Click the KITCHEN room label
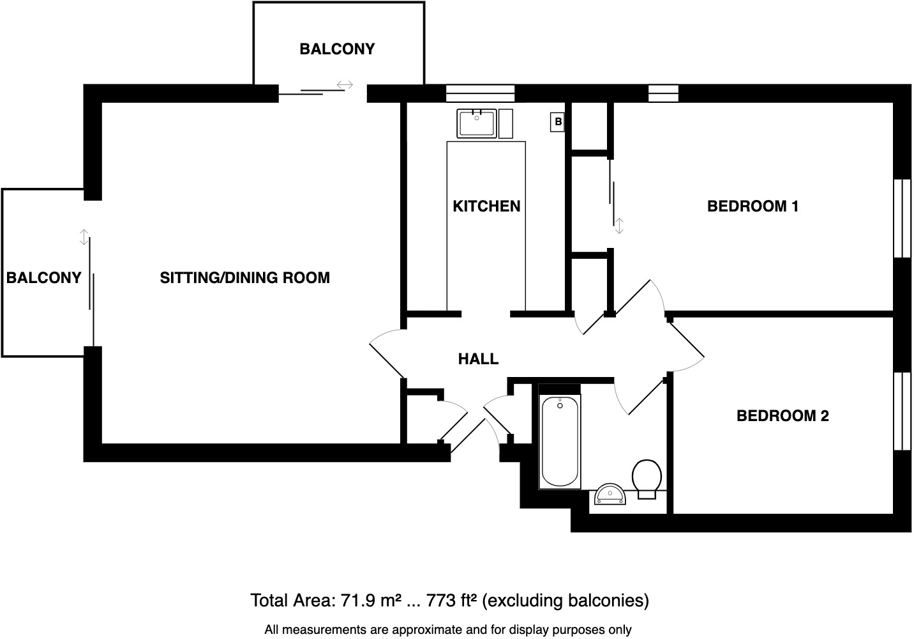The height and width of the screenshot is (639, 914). [486, 206]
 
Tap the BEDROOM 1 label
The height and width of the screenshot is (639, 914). [753, 206]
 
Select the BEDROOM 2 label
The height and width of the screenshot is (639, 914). [783, 416]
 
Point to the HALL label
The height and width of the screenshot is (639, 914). [478, 359]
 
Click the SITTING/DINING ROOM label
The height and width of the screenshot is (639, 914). [244, 278]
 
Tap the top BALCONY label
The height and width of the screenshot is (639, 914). [337, 49]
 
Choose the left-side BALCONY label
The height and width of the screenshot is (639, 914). [43, 278]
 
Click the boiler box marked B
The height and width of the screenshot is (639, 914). [558, 121]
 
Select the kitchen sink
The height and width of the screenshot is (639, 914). [477, 123]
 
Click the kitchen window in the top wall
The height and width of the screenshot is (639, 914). [480, 93]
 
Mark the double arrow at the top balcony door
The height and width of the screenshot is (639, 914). [345, 84]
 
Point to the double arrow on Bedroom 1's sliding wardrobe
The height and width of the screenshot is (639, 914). [618, 226]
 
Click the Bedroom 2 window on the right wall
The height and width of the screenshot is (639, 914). [902, 411]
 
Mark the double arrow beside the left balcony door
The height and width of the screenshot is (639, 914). [83, 237]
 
